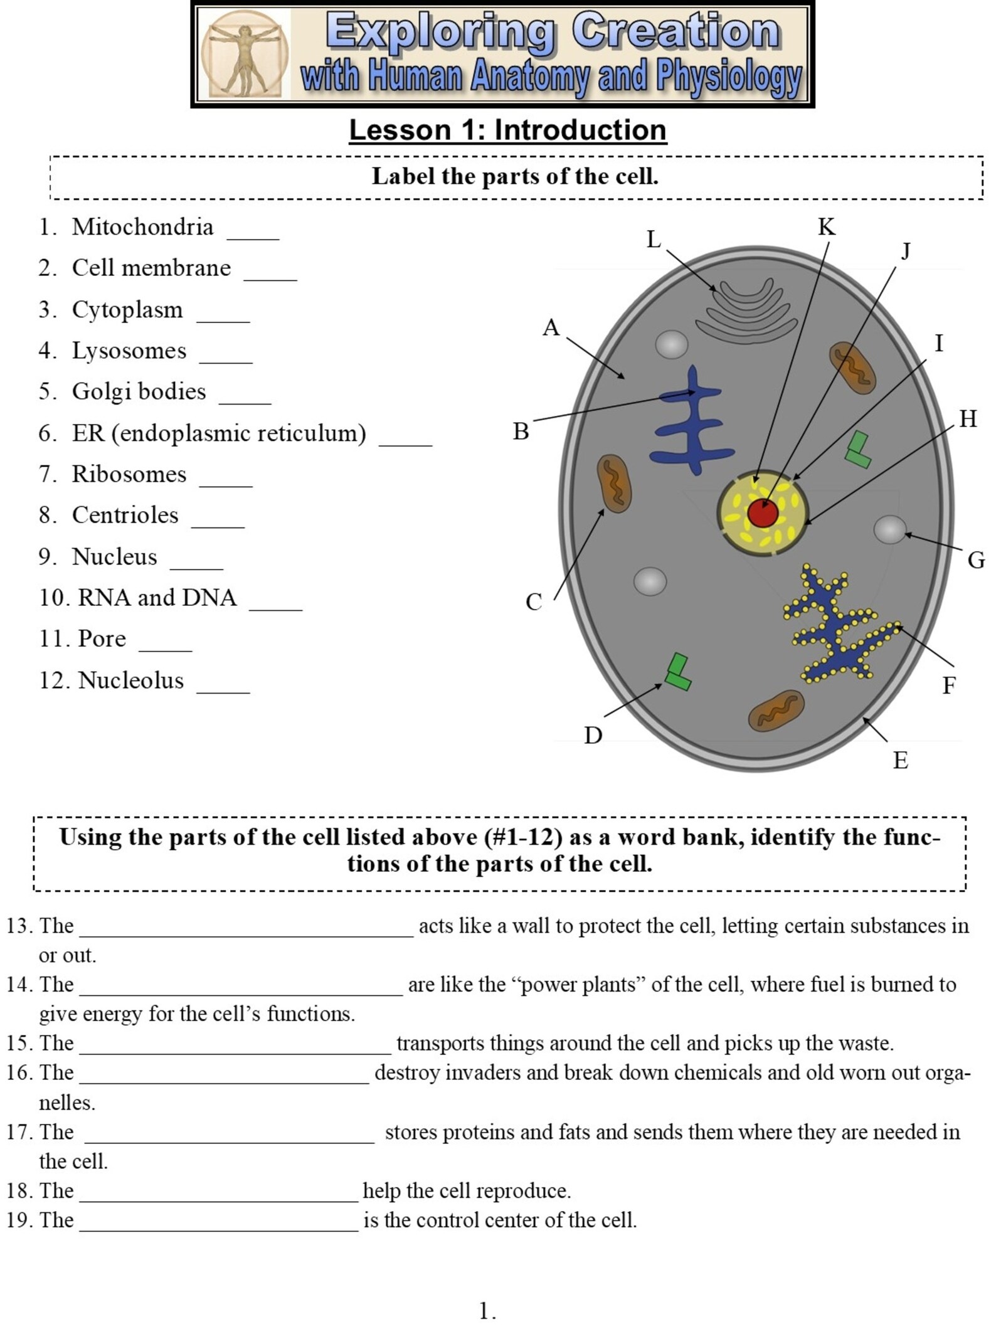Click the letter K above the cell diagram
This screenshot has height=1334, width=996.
pyautogui.click(x=826, y=227)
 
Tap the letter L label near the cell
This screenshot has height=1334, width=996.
pyautogui.click(x=654, y=240)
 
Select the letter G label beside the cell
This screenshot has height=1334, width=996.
pyautogui.click(x=976, y=560)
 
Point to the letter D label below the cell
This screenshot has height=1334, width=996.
pyautogui.click(x=593, y=735)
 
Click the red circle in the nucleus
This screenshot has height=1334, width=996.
pyautogui.click(x=763, y=514)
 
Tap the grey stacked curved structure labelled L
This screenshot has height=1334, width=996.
pyautogui.click(x=746, y=310)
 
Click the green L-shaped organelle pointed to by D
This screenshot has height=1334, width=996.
pyautogui.click(x=678, y=672)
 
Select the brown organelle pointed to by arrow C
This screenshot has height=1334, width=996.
pyautogui.click(x=613, y=484)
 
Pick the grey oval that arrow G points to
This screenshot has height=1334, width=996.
pyautogui.click(x=889, y=529)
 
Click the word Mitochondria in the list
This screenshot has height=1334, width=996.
pyautogui.click(x=142, y=227)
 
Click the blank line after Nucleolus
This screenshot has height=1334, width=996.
pyautogui.click(x=223, y=692)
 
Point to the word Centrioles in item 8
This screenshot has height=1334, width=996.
pyautogui.click(x=125, y=515)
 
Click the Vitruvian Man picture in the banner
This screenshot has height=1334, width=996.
pyautogui.click(x=245, y=55)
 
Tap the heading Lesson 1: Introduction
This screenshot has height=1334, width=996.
pyautogui.click(x=507, y=130)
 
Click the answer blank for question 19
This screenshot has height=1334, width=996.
pyautogui.click(x=219, y=1232)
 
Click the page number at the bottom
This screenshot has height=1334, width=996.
pyautogui.click(x=487, y=1311)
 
